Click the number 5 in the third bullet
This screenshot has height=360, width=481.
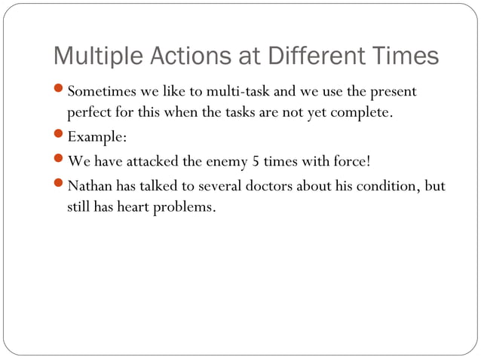coord(256,161)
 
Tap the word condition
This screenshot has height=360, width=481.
coord(381,185)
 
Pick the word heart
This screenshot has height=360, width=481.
coord(132,207)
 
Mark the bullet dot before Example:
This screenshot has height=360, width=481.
coord(60,136)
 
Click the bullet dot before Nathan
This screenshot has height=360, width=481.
coord(60,183)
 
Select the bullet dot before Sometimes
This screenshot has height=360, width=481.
coord(60,90)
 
